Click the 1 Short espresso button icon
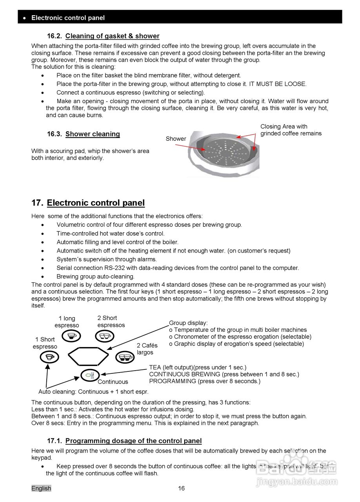tap(49, 357)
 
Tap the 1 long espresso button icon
tap(71, 336)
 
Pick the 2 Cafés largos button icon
tap(125, 357)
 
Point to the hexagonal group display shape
tap(88, 356)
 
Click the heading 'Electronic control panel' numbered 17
tap(96, 203)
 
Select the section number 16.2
tap(55, 36)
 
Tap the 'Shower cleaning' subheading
tap(93, 134)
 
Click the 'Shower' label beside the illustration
tap(176, 139)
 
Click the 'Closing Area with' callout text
tap(284, 127)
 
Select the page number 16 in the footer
tap(181, 488)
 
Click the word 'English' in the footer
tap(41, 488)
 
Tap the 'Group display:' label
tap(188, 323)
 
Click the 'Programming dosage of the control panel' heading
tap(133, 441)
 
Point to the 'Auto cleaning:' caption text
tap(57, 392)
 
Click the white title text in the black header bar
tap(68, 18)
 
